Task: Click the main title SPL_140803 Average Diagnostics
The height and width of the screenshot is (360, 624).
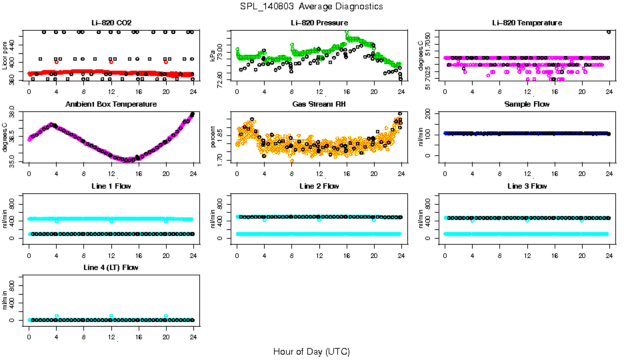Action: tap(312, 6)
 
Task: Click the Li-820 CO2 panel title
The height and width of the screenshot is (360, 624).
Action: tap(111, 23)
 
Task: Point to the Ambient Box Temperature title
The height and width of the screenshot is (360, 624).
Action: tap(111, 105)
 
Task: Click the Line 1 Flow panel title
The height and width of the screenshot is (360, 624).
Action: tap(111, 186)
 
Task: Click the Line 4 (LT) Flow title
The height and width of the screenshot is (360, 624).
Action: tap(111, 267)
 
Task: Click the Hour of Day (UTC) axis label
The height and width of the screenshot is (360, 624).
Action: tap(311, 351)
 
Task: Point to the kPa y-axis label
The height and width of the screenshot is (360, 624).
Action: tap(213, 56)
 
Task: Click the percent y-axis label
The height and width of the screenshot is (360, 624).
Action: tap(213, 137)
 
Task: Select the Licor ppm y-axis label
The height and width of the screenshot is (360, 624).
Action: tap(5, 56)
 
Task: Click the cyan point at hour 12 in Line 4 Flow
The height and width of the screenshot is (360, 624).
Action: tap(111, 316)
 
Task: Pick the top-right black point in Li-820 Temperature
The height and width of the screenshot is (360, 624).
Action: tap(609, 31)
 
